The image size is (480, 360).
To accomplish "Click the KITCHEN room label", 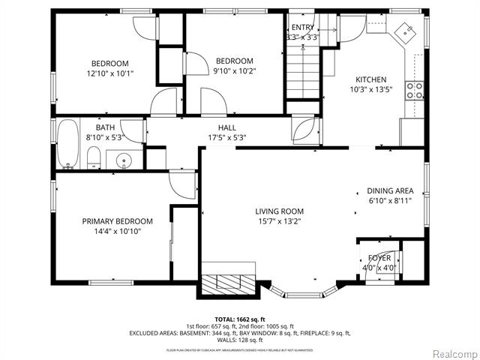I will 370,79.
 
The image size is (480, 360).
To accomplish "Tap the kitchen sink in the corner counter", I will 406,31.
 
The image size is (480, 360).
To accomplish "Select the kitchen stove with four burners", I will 413,91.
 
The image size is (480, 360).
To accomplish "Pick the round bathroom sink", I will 123,159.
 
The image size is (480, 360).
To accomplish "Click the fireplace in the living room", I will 229,283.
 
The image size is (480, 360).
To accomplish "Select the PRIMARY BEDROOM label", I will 118,221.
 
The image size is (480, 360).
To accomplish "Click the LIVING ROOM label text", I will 279,211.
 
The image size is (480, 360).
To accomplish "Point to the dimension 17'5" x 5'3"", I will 227,137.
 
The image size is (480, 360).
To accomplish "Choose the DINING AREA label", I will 389,191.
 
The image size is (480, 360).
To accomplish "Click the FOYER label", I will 379,258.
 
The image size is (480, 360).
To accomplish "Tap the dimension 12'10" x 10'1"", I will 110,73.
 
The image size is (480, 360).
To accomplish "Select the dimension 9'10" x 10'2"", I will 234,71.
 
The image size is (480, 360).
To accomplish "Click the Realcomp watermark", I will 448,352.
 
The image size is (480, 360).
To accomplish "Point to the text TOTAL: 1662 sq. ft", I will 239,318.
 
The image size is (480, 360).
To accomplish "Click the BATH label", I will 106,127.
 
